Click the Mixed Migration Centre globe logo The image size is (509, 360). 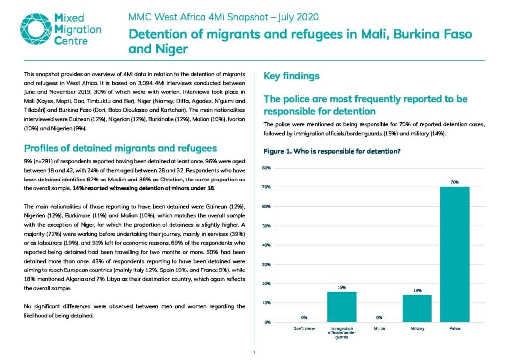(36, 29)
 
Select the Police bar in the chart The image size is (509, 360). (454, 255)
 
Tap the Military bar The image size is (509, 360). (417, 308)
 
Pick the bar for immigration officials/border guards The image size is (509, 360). (341, 307)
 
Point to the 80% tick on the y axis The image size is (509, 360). (266, 168)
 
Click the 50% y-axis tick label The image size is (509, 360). (266, 226)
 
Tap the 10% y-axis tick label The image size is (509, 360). (266, 303)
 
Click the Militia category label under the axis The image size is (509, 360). (379, 329)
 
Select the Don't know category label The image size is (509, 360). (304, 329)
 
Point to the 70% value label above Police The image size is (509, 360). (454, 182)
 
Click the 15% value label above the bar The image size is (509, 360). (341, 287)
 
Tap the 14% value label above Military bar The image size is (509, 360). (417, 290)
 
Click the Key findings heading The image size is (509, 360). (291, 76)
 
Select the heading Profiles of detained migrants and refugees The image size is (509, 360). (120, 148)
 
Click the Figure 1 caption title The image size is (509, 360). (332, 151)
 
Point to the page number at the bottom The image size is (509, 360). (254, 353)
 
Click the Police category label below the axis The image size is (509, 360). (455, 329)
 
